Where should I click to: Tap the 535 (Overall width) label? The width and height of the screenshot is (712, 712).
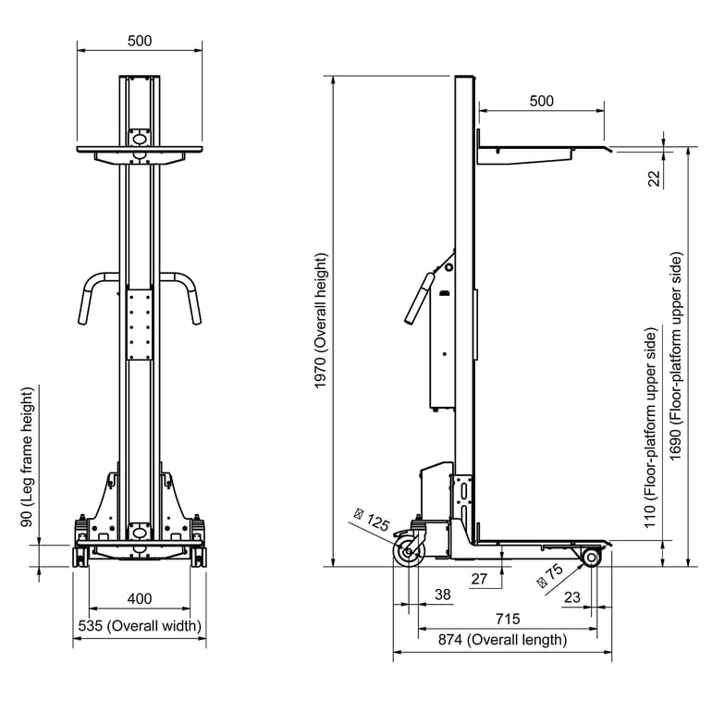[140, 626]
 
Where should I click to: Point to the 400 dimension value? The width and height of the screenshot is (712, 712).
[139, 599]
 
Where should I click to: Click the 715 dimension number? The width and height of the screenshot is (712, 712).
[507, 619]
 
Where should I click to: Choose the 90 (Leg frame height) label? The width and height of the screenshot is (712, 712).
[28, 457]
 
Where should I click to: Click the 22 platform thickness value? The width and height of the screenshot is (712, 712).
[654, 178]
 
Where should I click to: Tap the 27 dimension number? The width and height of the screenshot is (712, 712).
[480, 579]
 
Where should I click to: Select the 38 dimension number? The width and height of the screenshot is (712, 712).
[443, 595]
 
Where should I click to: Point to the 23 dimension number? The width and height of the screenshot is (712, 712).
[571, 597]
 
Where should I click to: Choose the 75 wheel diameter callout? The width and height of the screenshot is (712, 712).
[548, 577]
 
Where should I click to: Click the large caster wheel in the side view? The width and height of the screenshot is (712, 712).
[407, 554]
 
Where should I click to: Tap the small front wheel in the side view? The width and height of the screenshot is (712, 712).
[590, 557]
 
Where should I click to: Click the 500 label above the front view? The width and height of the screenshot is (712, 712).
[140, 41]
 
